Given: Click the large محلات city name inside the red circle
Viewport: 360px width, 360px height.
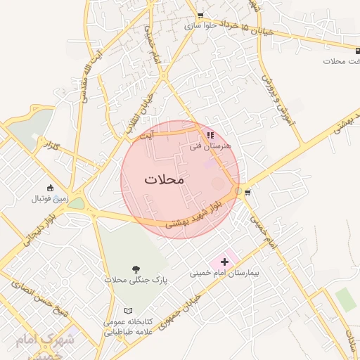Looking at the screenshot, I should [x=164, y=179].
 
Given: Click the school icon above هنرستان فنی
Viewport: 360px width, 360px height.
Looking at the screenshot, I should [x=210, y=135].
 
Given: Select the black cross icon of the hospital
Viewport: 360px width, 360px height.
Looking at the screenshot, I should [x=225, y=262].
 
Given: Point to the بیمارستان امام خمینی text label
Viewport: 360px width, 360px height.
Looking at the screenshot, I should [x=220, y=273].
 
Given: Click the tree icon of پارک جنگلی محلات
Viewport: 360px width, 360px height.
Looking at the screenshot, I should [x=136, y=269].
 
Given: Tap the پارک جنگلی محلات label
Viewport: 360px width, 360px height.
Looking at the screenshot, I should [x=136, y=280].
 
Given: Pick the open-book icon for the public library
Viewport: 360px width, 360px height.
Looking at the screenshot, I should [x=127, y=311].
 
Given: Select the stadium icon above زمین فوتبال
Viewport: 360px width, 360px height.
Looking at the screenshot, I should [x=50, y=188].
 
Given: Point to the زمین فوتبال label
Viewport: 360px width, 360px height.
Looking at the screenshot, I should [x=49, y=199].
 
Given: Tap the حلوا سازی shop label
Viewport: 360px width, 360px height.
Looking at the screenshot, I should [x=200, y=25].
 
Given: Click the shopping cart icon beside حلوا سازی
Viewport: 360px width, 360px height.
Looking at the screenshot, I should [x=201, y=15].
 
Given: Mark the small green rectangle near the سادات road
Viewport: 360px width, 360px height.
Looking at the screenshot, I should [x=345, y=299].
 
